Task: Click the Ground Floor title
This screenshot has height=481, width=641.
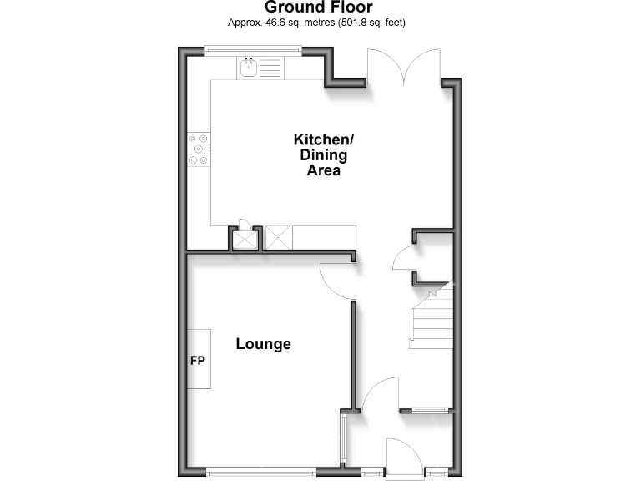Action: (x=320, y=8)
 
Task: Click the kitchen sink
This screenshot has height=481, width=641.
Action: (x=248, y=67)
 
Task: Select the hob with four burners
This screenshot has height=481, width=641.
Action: (x=199, y=148)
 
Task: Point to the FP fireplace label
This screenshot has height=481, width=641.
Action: (x=198, y=361)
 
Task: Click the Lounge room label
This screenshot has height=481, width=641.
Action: (x=263, y=344)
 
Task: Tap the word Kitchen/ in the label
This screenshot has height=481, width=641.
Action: (x=323, y=139)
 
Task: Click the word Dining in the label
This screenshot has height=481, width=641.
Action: (x=323, y=154)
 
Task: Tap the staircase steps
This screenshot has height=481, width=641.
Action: (x=430, y=322)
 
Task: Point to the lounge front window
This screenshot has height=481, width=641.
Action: (x=261, y=473)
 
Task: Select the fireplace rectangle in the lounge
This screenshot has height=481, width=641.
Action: (x=199, y=359)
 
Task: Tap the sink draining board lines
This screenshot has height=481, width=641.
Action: (x=270, y=68)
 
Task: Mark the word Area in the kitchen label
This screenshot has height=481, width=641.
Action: (x=323, y=170)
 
